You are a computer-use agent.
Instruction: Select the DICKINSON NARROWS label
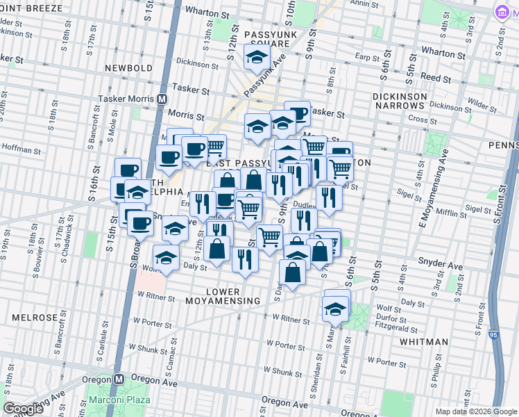point(398,99)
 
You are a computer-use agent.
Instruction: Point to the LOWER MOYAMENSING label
point(223,296)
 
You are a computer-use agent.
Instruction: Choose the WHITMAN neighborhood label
point(424,342)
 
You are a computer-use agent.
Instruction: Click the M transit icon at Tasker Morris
point(162,99)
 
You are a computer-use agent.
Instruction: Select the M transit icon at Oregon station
point(119,379)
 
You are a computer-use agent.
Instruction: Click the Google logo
point(24,409)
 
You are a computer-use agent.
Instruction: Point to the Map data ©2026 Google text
point(476,411)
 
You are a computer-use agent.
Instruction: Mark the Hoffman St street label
point(17,147)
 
